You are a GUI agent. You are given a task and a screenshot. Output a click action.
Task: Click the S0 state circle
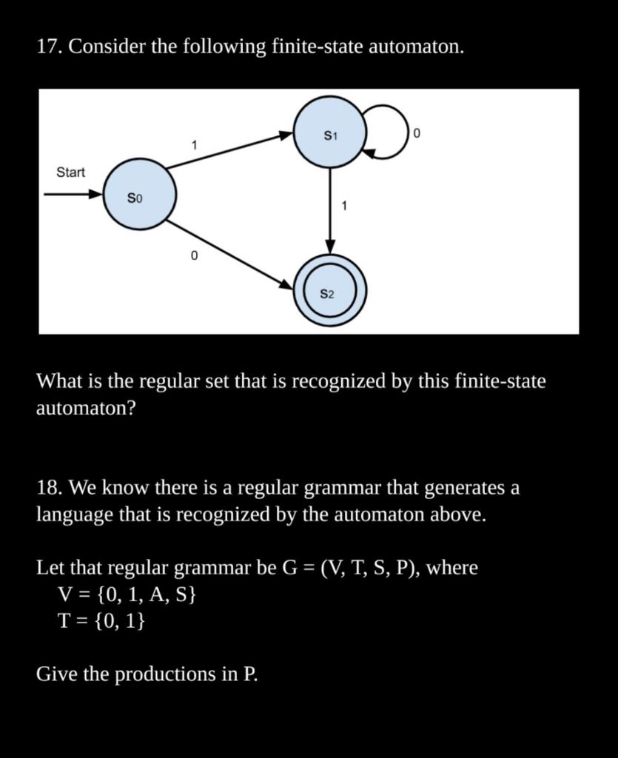(139, 195)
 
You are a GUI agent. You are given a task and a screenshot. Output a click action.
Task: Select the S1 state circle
(330, 133)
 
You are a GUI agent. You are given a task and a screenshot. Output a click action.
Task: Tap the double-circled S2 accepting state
(330, 292)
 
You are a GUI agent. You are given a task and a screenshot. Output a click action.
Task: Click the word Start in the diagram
(71, 172)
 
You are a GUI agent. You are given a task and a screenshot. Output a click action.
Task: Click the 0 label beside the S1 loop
(417, 134)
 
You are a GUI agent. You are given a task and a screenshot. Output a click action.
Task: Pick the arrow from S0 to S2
(229, 252)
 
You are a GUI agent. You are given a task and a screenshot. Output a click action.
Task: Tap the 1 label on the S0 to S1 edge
(194, 145)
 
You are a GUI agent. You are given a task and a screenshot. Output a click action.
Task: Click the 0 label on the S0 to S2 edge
(194, 256)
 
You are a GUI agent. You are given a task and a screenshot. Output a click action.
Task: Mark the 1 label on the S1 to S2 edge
(344, 206)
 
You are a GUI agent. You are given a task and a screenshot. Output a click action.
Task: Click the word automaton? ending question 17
(86, 408)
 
